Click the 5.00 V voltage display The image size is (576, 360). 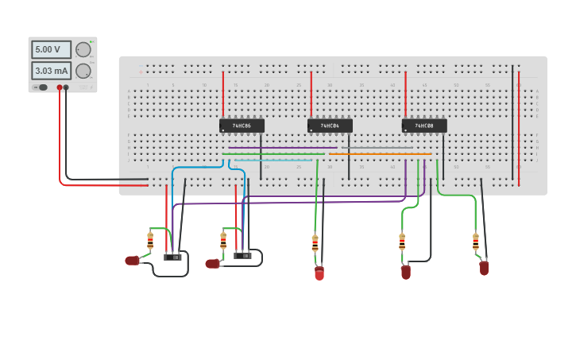coord(51,49)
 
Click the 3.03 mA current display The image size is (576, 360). coord(51,71)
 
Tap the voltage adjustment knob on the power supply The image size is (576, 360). coord(82,49)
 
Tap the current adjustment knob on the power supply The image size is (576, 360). coord(82,71)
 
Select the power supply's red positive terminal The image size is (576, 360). coord(59,87)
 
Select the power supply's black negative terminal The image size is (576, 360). coord(66,87)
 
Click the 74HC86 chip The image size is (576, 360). coord(242,126)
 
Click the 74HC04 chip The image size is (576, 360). coord(330,126)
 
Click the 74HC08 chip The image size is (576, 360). coord(424,126)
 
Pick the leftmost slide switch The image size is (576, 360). coord(172,257)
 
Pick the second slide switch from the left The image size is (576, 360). coord(242,255)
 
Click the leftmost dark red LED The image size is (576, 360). coord(132,261)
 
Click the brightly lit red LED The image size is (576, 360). coord(319,273)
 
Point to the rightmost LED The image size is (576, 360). coord(484,269)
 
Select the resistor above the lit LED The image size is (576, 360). coord(315,242)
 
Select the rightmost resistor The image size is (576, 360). coord(476,242)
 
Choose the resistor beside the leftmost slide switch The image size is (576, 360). coord(150,240)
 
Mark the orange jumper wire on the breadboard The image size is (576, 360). coord(381,154)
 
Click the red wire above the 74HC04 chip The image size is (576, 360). coord(311,94)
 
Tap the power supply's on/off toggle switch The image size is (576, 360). coord(41,87)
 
